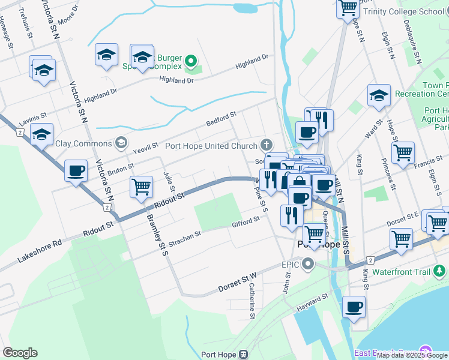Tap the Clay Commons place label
(x=83, y=143)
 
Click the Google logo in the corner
(x=20, y=353)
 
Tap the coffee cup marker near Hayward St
(x=353, y=307)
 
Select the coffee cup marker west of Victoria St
(x=76, y=170)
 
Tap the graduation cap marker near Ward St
(x=379, y=95)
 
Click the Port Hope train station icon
(x=243, y=355)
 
